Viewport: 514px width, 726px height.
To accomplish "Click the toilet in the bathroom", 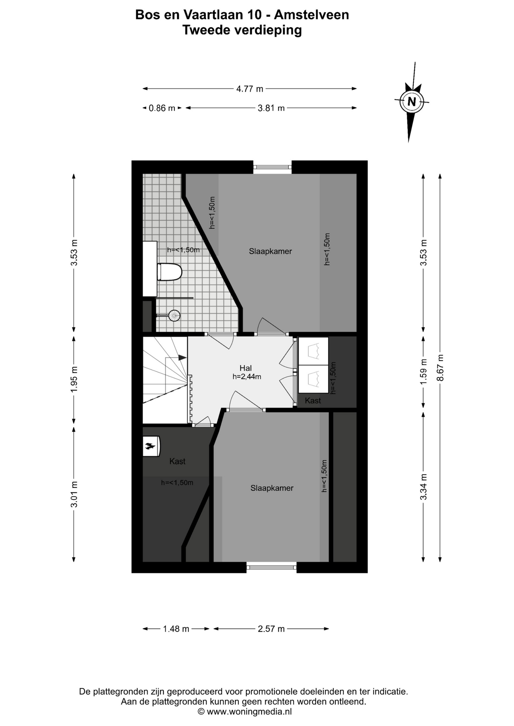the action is tap(170, 272).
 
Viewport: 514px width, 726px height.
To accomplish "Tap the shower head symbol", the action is tap(174, 315).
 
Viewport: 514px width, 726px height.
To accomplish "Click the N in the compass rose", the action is tap(411, 101).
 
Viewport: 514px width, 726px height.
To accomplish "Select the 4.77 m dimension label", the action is tap(250, 89).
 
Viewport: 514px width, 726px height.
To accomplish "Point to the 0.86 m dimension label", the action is tap(162, 108).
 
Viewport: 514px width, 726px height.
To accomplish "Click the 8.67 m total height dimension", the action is tap(440, 368).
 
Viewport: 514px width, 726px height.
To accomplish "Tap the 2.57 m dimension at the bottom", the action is tap(271, 629).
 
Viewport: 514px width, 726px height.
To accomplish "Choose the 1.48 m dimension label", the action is tap(176, 629).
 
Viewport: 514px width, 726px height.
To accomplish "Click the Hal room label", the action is tap(246, 368).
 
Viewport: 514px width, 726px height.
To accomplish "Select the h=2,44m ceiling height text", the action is tap(247, 377).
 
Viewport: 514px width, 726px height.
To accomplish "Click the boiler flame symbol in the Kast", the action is tap(150, 447).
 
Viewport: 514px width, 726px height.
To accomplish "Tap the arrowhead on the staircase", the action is tap(182, 357).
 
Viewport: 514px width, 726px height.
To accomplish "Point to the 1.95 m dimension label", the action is tap(74, 379).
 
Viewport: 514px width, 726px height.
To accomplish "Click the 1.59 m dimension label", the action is tap(424, 371).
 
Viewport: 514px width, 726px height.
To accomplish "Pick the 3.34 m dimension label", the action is tap(424, 487).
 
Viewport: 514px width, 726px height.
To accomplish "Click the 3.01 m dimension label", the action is tap(74, 494).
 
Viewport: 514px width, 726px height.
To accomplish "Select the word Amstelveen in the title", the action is tap(312, 15).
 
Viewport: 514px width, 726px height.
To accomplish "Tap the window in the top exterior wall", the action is tap(272, 167).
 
